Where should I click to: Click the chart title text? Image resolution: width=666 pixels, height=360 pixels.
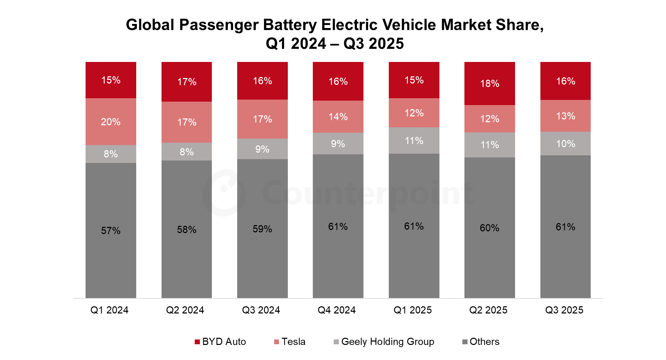pyautogui.click(x=335, y=34)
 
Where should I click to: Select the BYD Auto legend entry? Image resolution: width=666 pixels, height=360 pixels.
pyautogui.click(x=220, y=342)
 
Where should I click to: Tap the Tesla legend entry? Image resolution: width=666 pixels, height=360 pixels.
pyautogui.click(x=290, y=342)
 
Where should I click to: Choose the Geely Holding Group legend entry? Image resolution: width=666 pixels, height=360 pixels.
pyautogui.click(x=384, y=342)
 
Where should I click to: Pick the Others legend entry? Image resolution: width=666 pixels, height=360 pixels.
pyautogui.click(x=481, y=342)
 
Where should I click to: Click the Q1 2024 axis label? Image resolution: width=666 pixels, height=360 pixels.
pyautogui.click(x=110, y=310)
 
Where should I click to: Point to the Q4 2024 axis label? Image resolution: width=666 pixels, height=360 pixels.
pyautogui.click(x=337, y=310)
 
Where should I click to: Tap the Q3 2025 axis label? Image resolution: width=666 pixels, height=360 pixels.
pyautogui.click(x=564, y=310)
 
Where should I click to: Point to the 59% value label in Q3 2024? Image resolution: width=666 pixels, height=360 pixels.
pyautogui.click(x=262, y=229)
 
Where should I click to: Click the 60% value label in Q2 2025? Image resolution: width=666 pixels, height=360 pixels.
pyautogui.click(x=490, y=228)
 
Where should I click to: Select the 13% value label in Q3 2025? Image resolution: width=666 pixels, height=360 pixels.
pyautogui.click(x=566, y=116)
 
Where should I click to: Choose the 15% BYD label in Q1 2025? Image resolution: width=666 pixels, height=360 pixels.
pyautogui.click(x=414, y=80)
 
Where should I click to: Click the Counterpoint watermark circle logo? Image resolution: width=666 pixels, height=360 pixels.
pyautogui.click(x=225, y=193)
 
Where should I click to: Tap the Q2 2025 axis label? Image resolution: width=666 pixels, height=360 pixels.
pyautogui.click(x=488, y=310)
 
